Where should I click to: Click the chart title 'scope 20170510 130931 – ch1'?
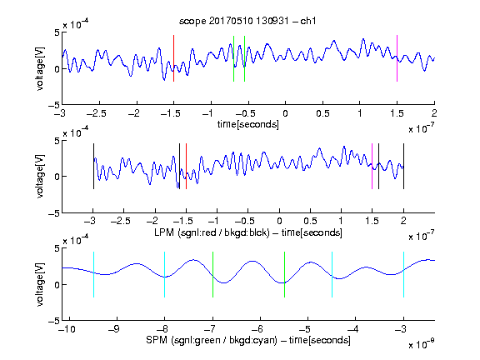(x=247, y=21)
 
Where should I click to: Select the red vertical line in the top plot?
(x=174, y=58)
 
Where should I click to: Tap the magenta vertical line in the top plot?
(x=397, y=58)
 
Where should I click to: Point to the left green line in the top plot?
(x=233, y=59)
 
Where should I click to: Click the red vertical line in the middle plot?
(x=186, y=166)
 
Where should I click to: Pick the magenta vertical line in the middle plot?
(x=372, y=166)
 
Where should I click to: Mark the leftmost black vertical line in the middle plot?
(x=93, y=166)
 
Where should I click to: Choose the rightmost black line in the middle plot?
(x=403, y=166)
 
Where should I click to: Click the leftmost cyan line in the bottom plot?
(x=93, y=274)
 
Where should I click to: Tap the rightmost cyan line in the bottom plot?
(x=403, y=274)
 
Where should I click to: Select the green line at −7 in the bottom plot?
(x=212, y=274)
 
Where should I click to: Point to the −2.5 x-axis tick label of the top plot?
(x=97, y=113)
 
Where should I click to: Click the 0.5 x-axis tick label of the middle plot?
(x=310, y=221)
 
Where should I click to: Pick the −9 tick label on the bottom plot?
(x=114, y=329)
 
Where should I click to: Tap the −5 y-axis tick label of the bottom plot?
(x=53, y=321)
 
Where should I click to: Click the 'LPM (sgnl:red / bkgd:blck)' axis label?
(x=212, y=232)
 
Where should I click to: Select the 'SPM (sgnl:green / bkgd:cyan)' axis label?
(x=212, y=340)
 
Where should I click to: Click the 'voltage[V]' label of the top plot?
(x=40, y=68)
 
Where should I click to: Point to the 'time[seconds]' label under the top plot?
(x=248, y=124)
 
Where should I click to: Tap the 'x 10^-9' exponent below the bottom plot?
(x=421, y=344)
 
